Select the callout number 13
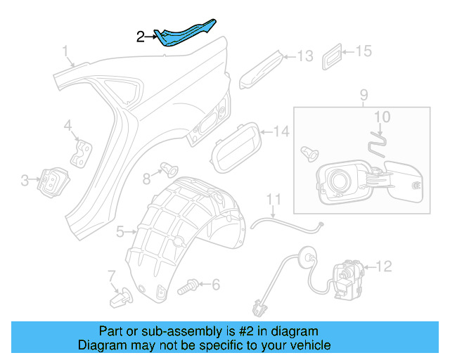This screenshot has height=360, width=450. point(304,56)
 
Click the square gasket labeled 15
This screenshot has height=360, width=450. point(334,57)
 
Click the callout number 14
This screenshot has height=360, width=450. point(281,131)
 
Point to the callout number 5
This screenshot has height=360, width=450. point(120,231)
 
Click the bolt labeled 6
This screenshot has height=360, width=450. point(188,285)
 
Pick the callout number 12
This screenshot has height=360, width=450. point(383,266)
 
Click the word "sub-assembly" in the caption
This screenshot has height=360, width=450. point(162,331)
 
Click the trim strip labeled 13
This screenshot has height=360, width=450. point(262,68)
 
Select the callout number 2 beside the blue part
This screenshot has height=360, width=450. point(141,37)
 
